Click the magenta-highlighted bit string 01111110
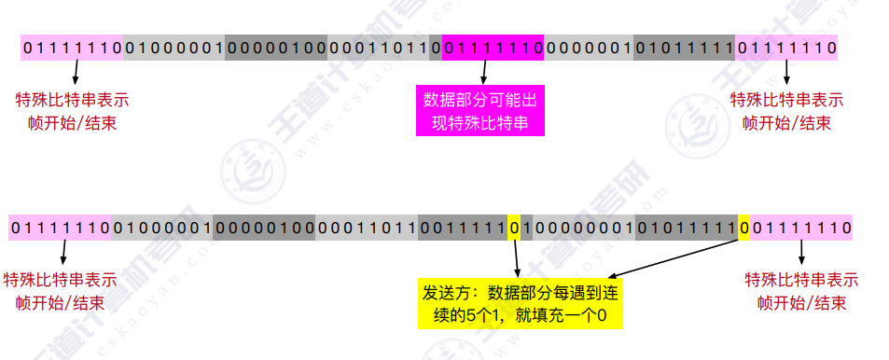tap(493, 47)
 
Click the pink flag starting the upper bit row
tap(73, 47)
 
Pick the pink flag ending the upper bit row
tap(786, 47)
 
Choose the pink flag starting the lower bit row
tap(60, 227)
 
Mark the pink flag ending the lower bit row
tap(800, 227)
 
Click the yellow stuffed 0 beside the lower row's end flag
tap(743, 227)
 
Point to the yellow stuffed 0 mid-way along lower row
tap(514, 227)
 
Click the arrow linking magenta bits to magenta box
tap(484, 73)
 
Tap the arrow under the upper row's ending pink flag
tap(786, 73)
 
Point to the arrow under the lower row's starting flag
tap(63, 252)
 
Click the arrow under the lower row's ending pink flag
tap(801, 252)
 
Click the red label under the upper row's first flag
tap(73, 111)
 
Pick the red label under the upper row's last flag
tap(785, 111)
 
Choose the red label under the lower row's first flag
tap(61, 291)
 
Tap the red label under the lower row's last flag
tap(801, 291)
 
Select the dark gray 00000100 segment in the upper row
tap(276, 47)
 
